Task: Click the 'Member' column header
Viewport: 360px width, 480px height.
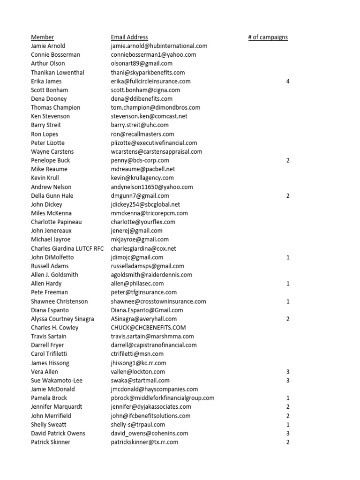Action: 42,37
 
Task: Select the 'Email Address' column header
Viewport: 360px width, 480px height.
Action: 129,37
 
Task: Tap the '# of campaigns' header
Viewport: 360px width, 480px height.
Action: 268,37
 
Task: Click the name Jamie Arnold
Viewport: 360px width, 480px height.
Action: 48,46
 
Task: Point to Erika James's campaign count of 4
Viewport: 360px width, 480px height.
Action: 288,81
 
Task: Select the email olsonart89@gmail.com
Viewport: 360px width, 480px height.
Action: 142,63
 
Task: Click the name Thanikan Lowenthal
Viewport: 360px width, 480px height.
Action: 58,72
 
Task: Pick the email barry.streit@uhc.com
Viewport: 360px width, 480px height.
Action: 140,125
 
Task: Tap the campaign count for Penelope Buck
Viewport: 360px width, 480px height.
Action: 288,160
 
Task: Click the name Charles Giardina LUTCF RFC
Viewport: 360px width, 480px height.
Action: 67,248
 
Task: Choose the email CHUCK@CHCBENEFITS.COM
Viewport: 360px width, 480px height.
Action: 149,328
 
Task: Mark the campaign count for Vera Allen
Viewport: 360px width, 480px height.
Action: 288,372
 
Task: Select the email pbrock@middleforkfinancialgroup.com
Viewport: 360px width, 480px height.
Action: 163,398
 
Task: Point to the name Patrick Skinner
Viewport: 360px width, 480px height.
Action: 51,442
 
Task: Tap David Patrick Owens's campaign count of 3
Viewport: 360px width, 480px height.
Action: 288,433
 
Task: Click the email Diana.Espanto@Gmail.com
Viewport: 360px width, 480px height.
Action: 147,310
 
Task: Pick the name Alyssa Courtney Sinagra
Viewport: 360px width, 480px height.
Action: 62,319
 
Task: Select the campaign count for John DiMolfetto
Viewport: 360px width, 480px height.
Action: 288,257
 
